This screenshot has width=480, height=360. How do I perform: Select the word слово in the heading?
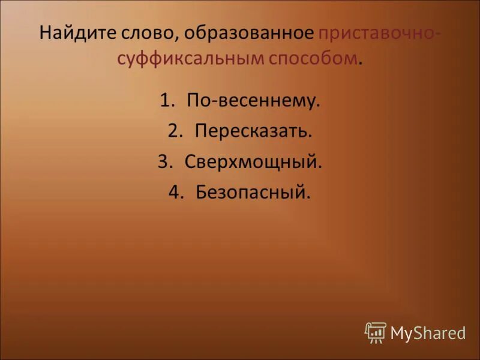tap(151, 32)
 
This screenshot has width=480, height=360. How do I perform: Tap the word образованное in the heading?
tap(249, 32)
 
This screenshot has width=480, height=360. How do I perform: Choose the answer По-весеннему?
tap(254, 101)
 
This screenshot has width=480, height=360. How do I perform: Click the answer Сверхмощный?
tap(254, 162)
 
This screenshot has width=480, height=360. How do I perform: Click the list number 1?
tap(166, 101)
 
